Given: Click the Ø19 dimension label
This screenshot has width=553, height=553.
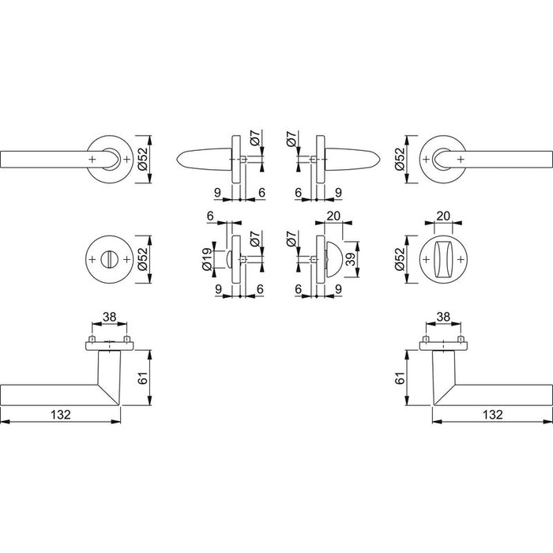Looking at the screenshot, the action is (207, 260).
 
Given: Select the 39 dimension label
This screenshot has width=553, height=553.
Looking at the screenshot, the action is (350, 259).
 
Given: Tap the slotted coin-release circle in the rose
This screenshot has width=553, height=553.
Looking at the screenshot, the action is (109, 260).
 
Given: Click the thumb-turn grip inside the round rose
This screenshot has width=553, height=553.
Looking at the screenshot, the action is (443, 260).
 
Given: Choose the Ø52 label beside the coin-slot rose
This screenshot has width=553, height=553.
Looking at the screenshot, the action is (143, 259).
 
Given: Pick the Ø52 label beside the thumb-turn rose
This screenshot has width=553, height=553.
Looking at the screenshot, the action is (400, 259).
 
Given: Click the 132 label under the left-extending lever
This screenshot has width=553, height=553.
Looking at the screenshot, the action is (61, 415).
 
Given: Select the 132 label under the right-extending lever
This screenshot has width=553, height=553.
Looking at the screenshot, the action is (492, 415).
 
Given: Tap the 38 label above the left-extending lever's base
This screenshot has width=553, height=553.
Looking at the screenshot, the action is (109, 317).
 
